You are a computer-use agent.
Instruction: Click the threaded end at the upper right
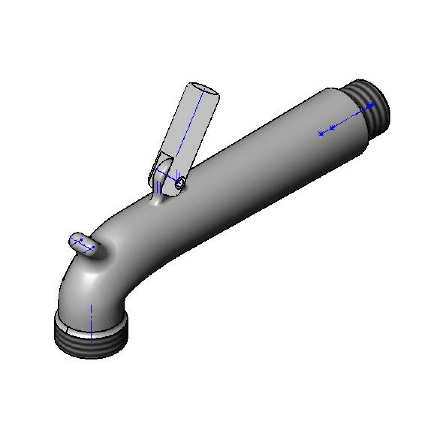point(373,105)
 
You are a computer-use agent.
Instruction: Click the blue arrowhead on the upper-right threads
point(371,106)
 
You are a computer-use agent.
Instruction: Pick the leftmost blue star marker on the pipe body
point(321,134)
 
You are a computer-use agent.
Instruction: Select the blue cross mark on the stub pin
point(81,240)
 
